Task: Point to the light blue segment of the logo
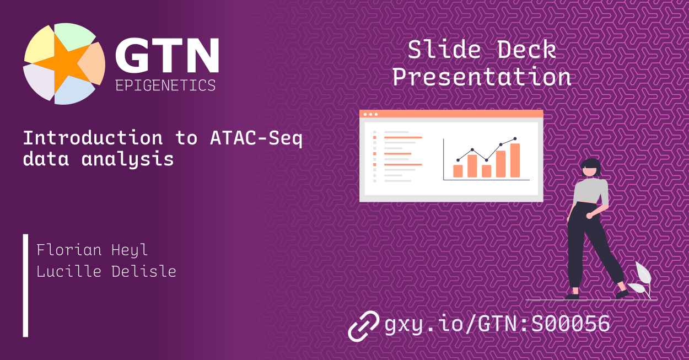[x=74, y=92]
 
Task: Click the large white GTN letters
[x=166, y=57]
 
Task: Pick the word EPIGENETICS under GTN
[x=165, y=85]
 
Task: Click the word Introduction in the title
[x=93, y=138]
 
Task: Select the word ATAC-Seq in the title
[x=256, y=138]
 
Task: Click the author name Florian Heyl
[x=92, y=250]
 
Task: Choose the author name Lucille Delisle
[x=106, y=271]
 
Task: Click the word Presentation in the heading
[x=481, y=77]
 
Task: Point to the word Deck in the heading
[x=526, y=50]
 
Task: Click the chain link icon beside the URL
[x=364, y=325]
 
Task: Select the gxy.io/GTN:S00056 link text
[x=497, y=324]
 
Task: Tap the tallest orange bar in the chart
[x=515, y=160]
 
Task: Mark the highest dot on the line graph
[x=515, y=139]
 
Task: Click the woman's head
[x=591, y=167]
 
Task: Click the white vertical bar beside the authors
[x=25, y=285]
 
